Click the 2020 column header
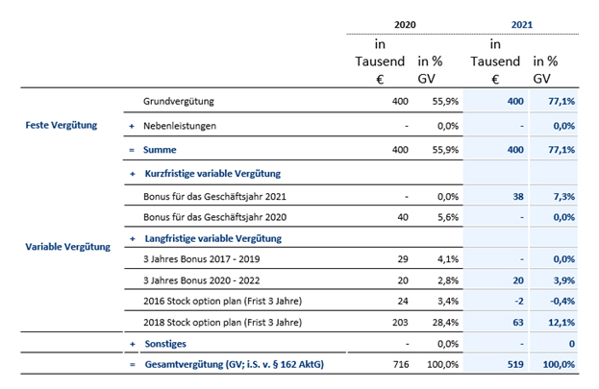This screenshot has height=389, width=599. [405, 25]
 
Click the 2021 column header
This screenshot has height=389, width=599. [522, 25]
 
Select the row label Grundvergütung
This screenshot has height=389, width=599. [179, 102]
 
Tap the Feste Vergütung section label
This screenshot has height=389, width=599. [62, 125]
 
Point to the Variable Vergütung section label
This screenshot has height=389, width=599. [67, 247]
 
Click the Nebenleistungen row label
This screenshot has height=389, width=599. [180, 126]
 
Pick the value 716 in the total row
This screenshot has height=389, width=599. [401, 365]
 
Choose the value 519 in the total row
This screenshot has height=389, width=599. [515, 365]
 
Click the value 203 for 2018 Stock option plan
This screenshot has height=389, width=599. [400, 323]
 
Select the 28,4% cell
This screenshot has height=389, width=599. [445, 323]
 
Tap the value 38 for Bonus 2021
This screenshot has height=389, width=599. [518, 197]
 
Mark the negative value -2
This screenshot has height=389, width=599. [519, 302]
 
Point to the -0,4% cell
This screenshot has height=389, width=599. [562, 302]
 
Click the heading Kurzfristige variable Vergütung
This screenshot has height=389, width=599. [212, 174]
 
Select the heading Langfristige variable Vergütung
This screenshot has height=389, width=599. [213, 238]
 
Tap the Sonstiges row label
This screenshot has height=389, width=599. [165, 344]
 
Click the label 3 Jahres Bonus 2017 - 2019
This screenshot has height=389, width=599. [202, 259]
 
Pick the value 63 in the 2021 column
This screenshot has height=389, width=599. [518, 323]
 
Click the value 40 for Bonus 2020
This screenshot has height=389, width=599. [403, 217]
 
